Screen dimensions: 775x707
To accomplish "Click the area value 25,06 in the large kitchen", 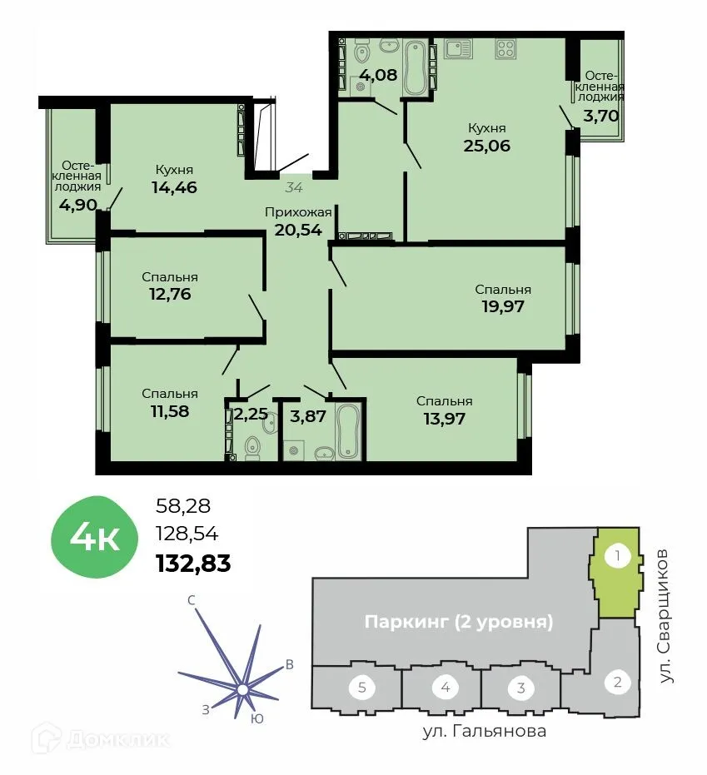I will pyautogui.click(x=486, y=147).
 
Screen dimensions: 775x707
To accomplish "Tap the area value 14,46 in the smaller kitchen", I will pyautogui.click(x=175, y=187).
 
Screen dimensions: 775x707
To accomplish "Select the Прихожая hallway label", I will pyautogui.click(x=298, y=212).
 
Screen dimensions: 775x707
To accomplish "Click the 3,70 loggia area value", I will pyautogui.click(x=600, y=116).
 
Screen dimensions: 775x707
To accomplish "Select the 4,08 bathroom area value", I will pyautogui.click(x=378, y=73).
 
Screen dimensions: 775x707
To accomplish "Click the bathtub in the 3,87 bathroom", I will pyautogui.click(x=347, y=430).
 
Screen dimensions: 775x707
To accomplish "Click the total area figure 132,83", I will pyautogui.click(x=193, y=564).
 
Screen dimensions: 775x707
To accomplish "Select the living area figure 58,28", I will pyautogui.click(x=183, y=504).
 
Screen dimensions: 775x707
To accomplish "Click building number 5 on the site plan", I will pyautogui.click(x=361, y=688).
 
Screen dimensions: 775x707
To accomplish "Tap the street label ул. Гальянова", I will pyautogui.click(x=483, y=732).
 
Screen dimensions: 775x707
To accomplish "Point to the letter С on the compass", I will pyautogui.click(x=192, y=600).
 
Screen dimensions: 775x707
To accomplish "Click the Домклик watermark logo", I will pyautogui.click(x=101, y=738).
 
